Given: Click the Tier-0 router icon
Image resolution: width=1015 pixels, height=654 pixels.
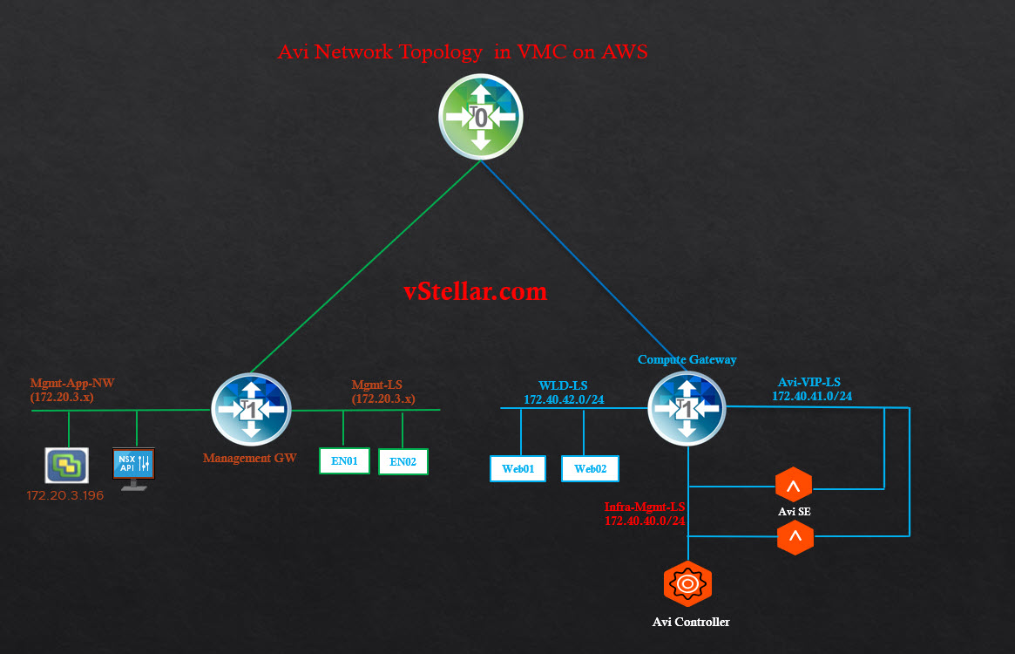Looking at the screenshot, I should click(x=480, y=117).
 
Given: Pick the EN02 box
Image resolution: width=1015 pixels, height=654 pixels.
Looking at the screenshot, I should click(x=403, y=461).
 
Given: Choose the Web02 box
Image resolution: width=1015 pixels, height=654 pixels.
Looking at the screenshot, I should click(x=590, y=468).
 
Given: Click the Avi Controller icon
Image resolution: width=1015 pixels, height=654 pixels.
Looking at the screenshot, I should click(x=687, y=583).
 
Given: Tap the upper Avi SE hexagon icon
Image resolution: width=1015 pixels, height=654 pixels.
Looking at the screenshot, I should click(x=794, y=484).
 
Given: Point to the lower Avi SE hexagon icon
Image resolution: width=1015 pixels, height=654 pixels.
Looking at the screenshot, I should click(x=795, y=537).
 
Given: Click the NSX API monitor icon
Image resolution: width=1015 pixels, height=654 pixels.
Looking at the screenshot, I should click(x=133, y=465).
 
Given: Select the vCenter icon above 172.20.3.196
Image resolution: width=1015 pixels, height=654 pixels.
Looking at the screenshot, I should click(x=67, y=465).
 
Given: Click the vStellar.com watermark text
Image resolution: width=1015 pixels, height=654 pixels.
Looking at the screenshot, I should click(x=476, y=291).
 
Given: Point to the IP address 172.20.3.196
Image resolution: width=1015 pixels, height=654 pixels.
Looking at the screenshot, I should click(x=66, y=496).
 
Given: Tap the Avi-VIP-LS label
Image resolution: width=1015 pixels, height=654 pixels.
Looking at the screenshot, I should click(x=809, y=382).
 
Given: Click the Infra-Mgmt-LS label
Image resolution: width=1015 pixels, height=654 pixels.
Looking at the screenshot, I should click(x=644, y=507).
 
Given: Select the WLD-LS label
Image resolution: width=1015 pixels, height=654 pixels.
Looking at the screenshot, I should click(x=563, y=385).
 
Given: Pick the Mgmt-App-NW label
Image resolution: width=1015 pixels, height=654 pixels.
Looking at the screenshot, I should click(x=72, y=383).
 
